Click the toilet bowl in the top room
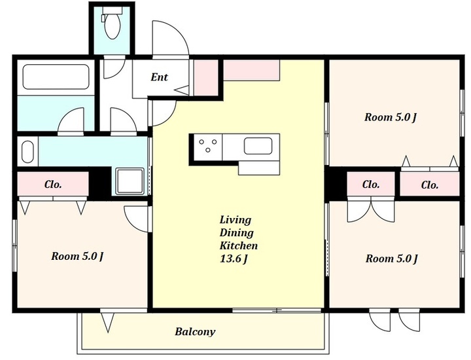pyautogui.click(x=113, y=26)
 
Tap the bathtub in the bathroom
pyautogui.click(x=56, y=77)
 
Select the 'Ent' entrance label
pyautogui.click(x=159, y=77)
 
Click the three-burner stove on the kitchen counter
pyautogui.click(x=208, y=146)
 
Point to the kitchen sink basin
pyautogui.click(x=258, y=146)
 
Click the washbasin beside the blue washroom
pyautogui.click(x=27, y=152)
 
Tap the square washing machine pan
pyautogui.click(x=130, y=181)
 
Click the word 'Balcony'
pyautogui.click(x=195, y=332)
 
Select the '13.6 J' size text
pyautogui.click(x=234, y=259)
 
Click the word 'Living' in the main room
pyautogui.click(x=235, y=221)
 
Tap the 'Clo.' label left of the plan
pyautogui.click(x=53, y=184)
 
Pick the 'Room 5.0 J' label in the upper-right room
pyautogui.click(x=391, y=117)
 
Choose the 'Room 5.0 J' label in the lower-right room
pyautogui.click(x=392, y=259)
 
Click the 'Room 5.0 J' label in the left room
pyautogui.click(x=77, y=257)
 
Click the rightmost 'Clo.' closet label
pyautogui.click(x=430, y=185)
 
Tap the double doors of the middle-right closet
pyautogui.click(x=371, y=209)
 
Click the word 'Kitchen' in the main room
pyautogui.click(x=239, y=246)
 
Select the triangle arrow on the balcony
pyautogui.click(x=107, y=322)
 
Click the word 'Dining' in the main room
pyautogui.click(x=236, y=233)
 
